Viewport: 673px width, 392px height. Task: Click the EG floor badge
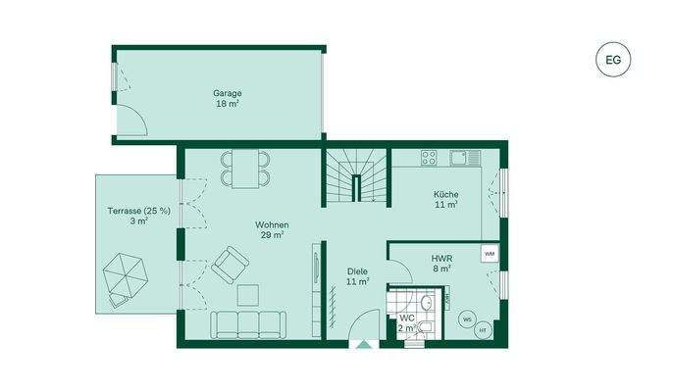tap(613, 59)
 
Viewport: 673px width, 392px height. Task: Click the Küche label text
tap(446, 194)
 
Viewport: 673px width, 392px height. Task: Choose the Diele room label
tap(357, 275)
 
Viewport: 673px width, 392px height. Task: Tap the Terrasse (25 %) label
tap(138, 211)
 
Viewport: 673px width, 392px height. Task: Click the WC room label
tap(406, 318)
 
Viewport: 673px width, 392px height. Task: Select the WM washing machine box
tap(489, 254)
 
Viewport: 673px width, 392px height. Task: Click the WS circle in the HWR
tap(467, 319)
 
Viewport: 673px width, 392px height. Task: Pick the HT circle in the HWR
tap(483, 331)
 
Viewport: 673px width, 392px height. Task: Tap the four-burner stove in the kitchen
tap(429, 157)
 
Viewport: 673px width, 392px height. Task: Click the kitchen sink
tap(462, 157)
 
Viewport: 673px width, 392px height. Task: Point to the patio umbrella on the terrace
tap(127, 274)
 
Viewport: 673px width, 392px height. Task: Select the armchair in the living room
tap(230, 263)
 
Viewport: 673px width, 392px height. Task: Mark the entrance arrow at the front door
tap(365, 344)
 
